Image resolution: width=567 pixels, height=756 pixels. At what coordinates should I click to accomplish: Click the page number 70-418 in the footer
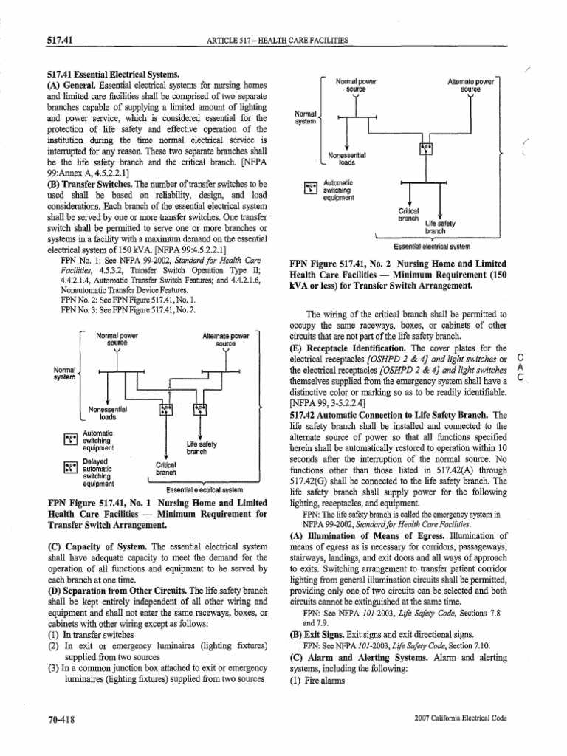(56, 717)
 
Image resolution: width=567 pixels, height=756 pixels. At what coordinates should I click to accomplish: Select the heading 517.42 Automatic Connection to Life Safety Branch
(388, 416)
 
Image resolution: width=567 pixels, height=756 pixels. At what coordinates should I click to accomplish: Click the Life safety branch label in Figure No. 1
(201, 447)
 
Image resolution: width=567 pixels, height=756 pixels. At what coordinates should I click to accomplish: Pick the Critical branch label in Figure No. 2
(408, 214)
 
